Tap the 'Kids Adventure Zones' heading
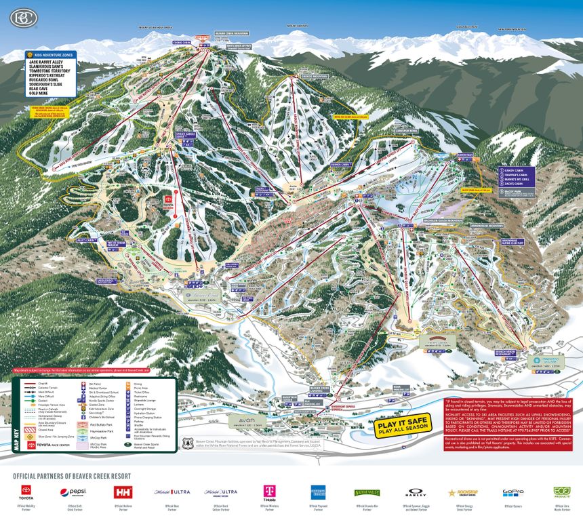pyautogui.click(x=54, y=54)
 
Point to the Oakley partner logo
pyautogui.click(x=416, y=493)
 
